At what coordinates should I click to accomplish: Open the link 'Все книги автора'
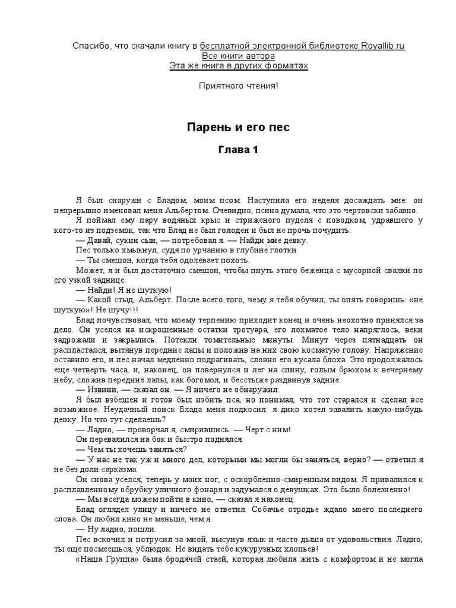pyautogui.click(x=227, y=55)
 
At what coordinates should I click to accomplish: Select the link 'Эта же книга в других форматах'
pyautogui.click(x=239, y=65)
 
